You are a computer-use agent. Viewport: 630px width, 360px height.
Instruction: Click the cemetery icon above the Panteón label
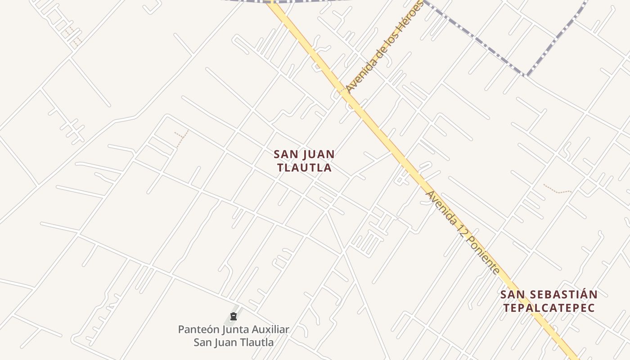pyautogui.click(x=233, y=317)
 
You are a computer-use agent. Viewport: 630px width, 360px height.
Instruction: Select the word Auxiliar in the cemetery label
pyautogui.click(x=269, y=329)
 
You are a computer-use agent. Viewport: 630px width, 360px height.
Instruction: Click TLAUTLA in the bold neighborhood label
pyautogui.click(x=304, y=168)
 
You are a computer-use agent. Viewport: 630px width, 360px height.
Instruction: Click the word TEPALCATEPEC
pyautogui.click(x=549, y=308)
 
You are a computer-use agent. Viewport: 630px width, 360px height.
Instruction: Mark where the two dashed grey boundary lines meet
pyautogui.click(x=525, y=75)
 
